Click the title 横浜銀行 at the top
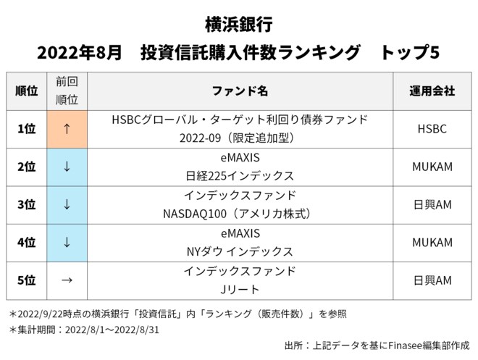pyautogui.click(x=239, y=25)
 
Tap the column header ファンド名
pyautogui.click(x=240, y=91)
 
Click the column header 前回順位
pyautogui.click(x=67, y=91)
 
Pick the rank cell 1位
pyautogui.click(x=26, y=129)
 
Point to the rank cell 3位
pyautogui.click(x=26, y=205)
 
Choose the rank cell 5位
pyautogui.click(x=26, y=280)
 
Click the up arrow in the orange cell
pyautogui.click(x=67, y=129)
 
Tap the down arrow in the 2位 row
pyautogui.click(x=67, y=167)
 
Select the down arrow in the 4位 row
pyautogui.click(x=67, y=243)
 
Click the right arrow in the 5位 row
pyautogui.click(x=67, y=280)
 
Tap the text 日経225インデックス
pyautogui.click(x=240, y=176)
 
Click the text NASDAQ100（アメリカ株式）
pyautogui.click(x=240, y=214)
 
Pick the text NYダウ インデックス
pyautogui.click(x=240, y=252)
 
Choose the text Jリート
pyautogui.click(x=240, y=290)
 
